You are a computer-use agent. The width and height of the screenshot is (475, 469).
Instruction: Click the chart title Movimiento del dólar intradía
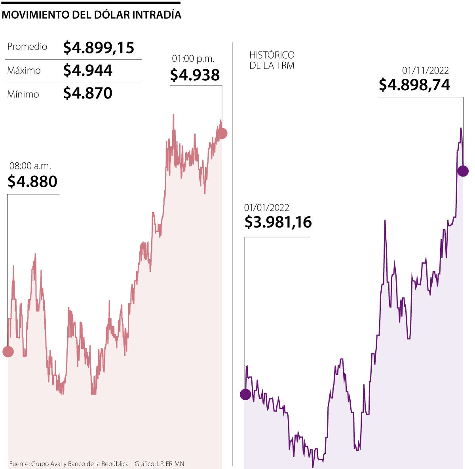[91, 15]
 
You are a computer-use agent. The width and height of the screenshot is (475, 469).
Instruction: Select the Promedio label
[27, 47]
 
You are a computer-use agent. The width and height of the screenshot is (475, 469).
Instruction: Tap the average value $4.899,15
[99, 47]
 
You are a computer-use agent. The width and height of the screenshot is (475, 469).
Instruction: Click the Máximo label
[24, 70]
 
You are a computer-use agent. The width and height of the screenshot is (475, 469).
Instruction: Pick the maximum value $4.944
[88, 70]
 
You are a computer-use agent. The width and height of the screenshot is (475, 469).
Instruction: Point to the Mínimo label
[23, 94]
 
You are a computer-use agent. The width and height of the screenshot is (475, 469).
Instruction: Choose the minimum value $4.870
[88, 93]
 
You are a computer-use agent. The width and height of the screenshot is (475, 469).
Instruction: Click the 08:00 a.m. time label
[30, 166]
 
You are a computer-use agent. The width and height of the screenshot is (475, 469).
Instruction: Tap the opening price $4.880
[32, 181]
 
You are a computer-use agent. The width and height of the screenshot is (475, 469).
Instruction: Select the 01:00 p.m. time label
[193, 59]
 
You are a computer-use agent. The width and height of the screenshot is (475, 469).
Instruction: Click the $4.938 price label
[195, 74]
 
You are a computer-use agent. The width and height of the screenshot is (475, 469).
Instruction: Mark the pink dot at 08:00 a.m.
[8, 351]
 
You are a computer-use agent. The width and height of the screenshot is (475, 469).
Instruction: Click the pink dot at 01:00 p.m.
[222, 133]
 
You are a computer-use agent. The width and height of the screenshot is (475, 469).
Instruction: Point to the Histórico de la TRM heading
[272, 60]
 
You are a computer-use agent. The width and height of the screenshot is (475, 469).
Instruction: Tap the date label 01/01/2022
[267, 207]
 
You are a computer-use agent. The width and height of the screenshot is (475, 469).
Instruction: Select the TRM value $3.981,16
[278, 222]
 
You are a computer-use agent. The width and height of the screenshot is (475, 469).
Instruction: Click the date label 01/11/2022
[426, 70]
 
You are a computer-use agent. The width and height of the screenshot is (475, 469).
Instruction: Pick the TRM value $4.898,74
[414, 85]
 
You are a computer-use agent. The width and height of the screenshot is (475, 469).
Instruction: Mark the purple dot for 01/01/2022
[245, 394]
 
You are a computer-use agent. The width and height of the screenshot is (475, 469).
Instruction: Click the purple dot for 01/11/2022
[463, 171]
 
